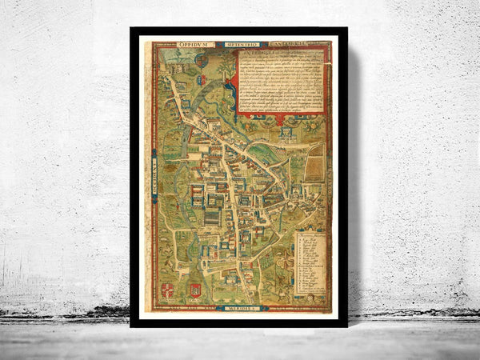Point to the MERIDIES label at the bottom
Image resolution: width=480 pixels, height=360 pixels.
click(242, 308)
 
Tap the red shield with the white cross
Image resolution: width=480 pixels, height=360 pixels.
click(167, 290)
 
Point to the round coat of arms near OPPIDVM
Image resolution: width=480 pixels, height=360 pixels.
click(201, 60)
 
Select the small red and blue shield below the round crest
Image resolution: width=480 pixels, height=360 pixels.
click(202, 79)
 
